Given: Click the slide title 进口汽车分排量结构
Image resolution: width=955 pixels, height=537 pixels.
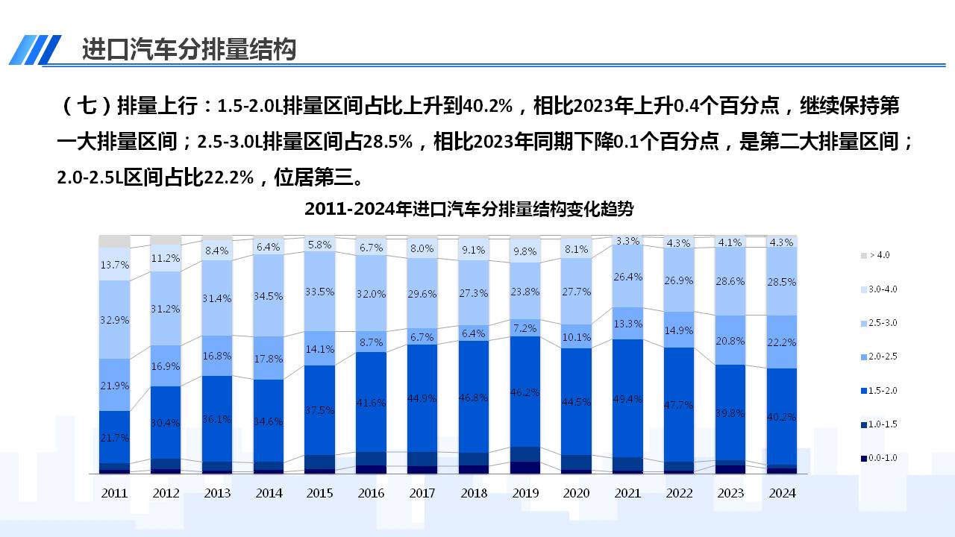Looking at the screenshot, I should click(189, 49).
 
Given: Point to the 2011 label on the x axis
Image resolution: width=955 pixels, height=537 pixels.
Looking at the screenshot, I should click(114, 493).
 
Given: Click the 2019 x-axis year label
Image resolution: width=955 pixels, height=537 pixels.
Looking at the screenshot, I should click(525, 493).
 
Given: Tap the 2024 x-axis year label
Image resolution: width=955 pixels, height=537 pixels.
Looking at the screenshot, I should click(782, 493).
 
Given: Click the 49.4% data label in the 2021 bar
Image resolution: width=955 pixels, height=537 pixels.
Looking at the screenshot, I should click(628, 399).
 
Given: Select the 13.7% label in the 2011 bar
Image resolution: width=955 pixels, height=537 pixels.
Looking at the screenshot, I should click(114, 265).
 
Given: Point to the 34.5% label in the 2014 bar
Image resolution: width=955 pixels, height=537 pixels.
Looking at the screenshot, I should click(269, 296).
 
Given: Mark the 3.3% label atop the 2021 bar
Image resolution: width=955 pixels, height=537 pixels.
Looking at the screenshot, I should click(628, 241).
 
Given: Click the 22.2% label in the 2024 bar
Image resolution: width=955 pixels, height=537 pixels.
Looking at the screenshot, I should click(782, 342).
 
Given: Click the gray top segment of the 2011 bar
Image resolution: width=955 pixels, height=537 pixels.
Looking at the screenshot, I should click(114, 241).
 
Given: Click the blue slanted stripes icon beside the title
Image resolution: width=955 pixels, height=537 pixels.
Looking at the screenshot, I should click(35, 50).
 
